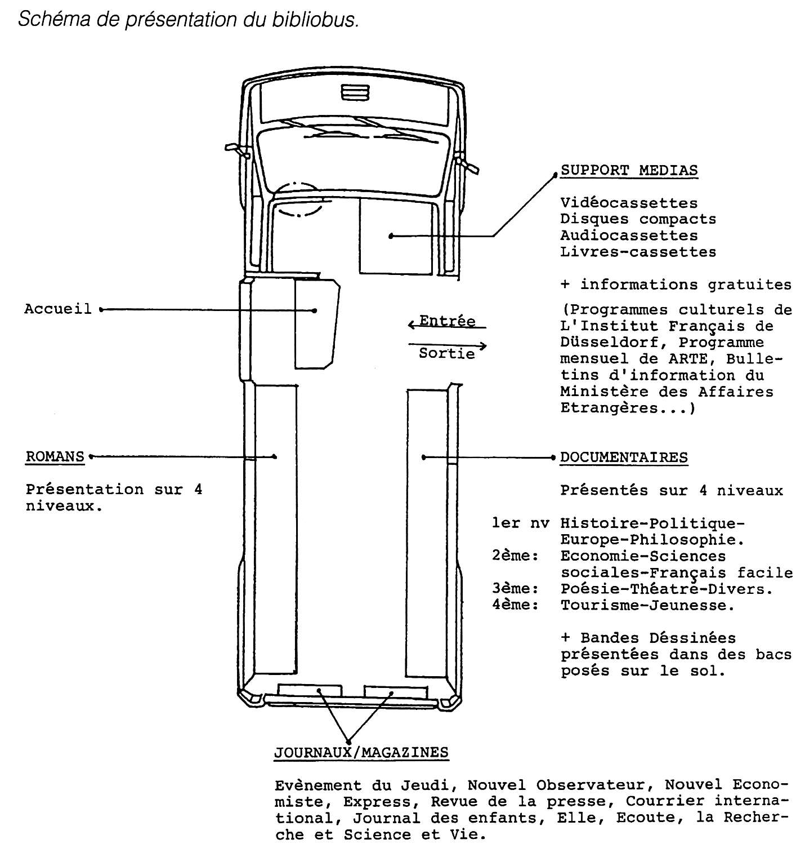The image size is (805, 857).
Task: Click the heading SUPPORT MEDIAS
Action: (629, 170)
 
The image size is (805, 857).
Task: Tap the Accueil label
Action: (57, 309)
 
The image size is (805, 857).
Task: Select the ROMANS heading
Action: (55, 456)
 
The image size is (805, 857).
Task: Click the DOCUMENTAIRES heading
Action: (624, 457)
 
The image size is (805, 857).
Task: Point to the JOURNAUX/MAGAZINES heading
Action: (361, 752)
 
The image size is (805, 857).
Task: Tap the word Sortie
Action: (447, 354)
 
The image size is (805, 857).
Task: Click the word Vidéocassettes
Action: (629, 203)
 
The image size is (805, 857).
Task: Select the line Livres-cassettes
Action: (638, 252)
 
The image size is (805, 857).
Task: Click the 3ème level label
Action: (515, 589)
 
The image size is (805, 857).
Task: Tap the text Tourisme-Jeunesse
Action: (648, 605)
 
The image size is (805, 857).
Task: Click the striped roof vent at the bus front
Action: (355, 92)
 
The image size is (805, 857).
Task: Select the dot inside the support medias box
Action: (391, 237)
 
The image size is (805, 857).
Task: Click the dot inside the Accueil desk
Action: (315, 310)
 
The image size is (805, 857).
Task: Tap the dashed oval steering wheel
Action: (298, 198)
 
